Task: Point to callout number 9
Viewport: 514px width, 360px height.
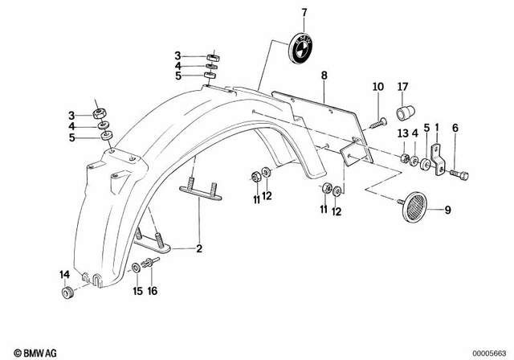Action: [x=448, y=211]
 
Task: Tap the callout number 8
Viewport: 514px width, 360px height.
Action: [x=324, y=76]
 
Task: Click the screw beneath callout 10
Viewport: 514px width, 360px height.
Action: [x=380, y=122]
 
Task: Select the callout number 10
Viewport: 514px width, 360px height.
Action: [x=377, y=87]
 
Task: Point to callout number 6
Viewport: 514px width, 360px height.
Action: [x=455, y=128]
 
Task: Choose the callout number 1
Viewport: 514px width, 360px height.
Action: [x=437, y=128]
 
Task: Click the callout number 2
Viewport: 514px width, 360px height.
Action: [x=198, y=249]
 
